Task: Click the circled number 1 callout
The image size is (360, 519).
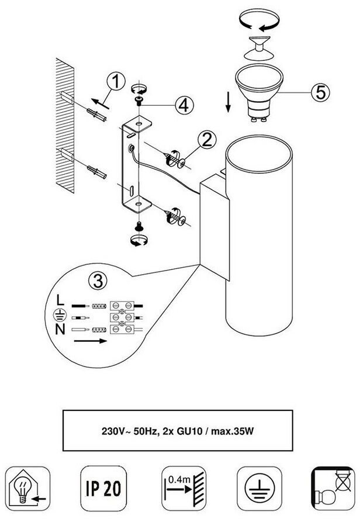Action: coord(116,81)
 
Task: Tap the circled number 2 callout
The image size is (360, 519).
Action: coord(207,140)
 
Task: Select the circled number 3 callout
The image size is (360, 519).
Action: coord(98,281)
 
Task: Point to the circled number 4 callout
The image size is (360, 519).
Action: coord(184,105)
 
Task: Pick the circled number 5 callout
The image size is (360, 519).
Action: coord(321,92)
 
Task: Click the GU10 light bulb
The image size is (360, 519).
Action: coord(259,93)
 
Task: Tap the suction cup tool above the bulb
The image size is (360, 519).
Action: coord(259,48)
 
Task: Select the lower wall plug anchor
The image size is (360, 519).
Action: coord(96,172)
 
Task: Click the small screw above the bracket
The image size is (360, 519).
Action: coord(139,101)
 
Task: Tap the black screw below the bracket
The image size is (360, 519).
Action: coord(139,226)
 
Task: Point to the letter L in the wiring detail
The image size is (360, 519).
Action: coord(60,300)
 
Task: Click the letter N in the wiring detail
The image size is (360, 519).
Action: coord(60,329)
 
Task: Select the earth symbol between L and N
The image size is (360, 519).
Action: coord(60,315)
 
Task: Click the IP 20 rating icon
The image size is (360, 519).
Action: coord(103,488)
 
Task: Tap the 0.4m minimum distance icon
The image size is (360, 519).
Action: coord(184,488)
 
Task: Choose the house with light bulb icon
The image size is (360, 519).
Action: coord(28,488)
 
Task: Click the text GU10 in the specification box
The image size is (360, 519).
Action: coord(189,431)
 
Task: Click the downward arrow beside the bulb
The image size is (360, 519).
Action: coord(228,102)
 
